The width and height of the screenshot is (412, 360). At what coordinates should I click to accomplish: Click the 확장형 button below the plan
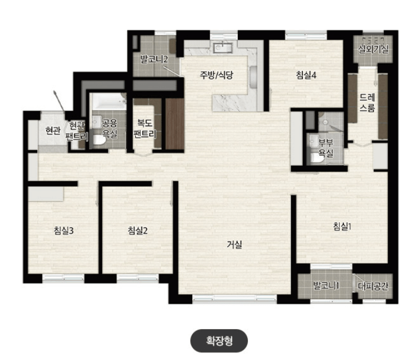(219, 340)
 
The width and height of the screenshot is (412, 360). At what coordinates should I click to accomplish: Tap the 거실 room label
(234, 245)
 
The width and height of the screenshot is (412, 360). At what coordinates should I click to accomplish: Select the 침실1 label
(342, 227)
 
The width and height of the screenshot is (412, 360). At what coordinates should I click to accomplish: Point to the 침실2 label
(137, 231)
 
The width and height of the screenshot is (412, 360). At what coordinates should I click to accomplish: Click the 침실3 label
(64, 231)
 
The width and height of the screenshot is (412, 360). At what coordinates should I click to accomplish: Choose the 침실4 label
(306, 75)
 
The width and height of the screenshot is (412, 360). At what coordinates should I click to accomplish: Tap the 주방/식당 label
(216, 75)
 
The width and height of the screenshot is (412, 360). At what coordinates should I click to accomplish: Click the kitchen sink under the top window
(223, 48)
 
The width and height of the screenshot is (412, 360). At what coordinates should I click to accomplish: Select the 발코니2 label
(154, 59)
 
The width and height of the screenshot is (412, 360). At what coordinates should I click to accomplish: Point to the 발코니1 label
(326, 285)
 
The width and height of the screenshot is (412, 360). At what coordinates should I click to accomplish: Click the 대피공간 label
(373, 286)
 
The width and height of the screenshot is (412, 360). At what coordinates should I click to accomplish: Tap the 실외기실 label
(373, 49)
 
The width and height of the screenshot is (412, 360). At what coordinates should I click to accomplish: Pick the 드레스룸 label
(367, 102)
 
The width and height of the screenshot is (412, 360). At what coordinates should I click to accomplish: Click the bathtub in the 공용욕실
(108, 101)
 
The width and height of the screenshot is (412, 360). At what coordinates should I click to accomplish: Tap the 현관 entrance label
(53, 130)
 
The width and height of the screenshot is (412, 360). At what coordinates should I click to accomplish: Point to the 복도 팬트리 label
(145, 129)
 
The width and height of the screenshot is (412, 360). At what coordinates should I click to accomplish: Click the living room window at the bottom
(234, 298)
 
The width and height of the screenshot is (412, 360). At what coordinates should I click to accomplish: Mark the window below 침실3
(64, 278)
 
